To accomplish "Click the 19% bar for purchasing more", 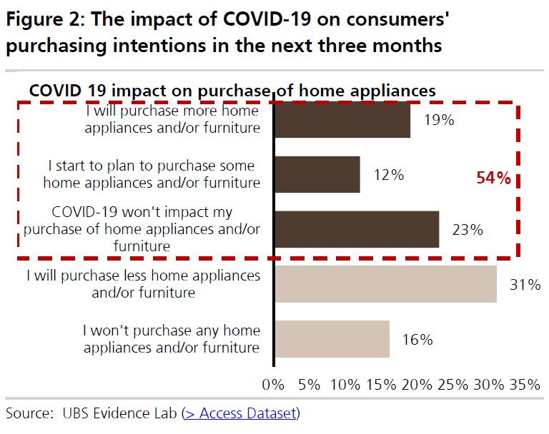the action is [x=342, y=120].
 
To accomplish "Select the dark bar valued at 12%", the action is [x=317, y=174].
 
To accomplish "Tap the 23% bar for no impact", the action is [x=357, y=229].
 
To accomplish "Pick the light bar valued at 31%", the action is [x=385, y=284].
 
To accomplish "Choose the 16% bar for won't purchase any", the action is [x=332, y=339].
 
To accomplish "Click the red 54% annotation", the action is [x=494, y=178].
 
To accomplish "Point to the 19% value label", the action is [x=439, y=120].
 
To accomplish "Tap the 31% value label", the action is [x=525, y=285].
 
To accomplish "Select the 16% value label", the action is [x=417, y=340].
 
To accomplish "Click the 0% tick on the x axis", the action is [x=273, y=385].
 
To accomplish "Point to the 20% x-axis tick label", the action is [x=417, y=385].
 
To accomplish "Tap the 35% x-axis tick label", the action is [x=525, y=385].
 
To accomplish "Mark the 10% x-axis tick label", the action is [x=345, y=385].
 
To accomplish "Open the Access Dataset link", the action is [x=240, y=413].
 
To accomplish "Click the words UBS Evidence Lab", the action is [x=120, y=413].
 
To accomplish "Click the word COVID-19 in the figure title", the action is [x=267, y=19].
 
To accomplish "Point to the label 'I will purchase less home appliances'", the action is [x=144, y=276].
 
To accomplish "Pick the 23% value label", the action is [x=468, y=230].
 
